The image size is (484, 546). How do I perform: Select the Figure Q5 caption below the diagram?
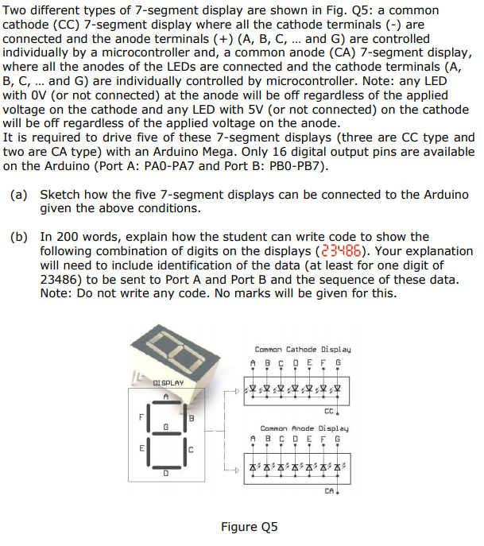tap(250, 527)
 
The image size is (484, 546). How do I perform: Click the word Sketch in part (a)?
tap(61, 195)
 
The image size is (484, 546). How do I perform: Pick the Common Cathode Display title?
tap(303, 350)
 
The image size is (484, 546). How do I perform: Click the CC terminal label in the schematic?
tap(328, 411)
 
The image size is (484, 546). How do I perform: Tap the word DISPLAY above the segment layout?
tap(168, 382)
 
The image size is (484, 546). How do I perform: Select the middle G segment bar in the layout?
tap(167, 433)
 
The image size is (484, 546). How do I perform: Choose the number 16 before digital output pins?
tap(283, 152)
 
